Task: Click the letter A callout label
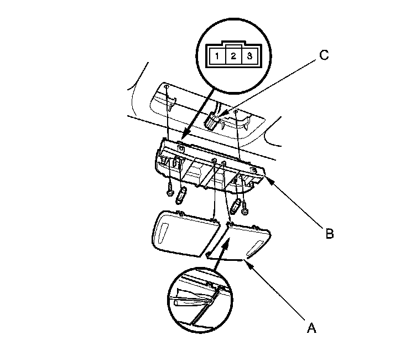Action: click(x=311, y=328)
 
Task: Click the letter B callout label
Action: click(x=329, y=234)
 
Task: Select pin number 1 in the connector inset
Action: click(x=219, y=56)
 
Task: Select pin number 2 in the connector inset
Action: click(x=234, y=56)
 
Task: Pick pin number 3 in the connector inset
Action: click(x=249, y=56)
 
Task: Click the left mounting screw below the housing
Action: click(x=170, y=192)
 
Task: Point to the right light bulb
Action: click(x=236, y=209)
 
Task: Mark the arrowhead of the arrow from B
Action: click(x=266, y=177)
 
